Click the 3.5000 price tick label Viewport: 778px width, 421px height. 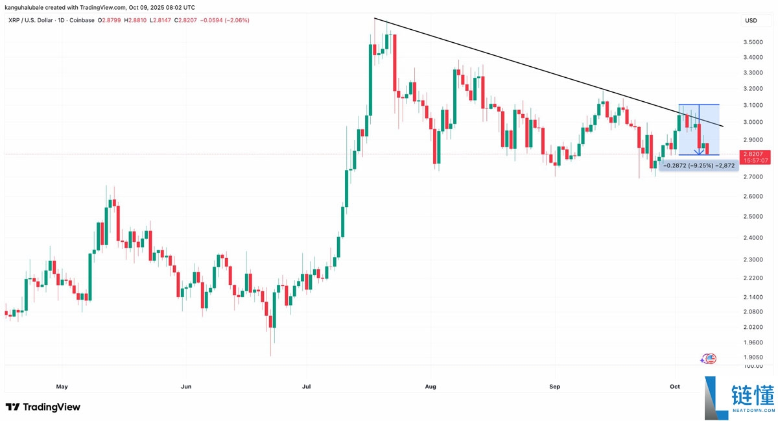tap(753, 42)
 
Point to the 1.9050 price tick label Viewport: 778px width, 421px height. tap(753, 357)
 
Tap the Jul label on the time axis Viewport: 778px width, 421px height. tap(306, 387)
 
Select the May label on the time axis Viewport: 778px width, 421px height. tap(62, 387)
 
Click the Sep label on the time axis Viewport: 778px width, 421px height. tap(555, 387)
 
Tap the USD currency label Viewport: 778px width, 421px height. tap(751, 21)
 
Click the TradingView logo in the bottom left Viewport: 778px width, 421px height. tap(43, 407)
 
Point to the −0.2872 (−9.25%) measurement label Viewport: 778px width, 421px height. tap(698, 165)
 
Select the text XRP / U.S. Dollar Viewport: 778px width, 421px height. tap(31, 20)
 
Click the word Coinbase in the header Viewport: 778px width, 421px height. tap(80, 20)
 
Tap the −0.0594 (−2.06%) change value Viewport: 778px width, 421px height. tap(226, 20)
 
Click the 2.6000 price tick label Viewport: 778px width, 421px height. tap(753, 197)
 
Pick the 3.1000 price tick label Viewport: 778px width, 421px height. tap(753, 105)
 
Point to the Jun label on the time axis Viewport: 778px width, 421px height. tap(186, 387)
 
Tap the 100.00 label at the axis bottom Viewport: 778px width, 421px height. tap(753, 367)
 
